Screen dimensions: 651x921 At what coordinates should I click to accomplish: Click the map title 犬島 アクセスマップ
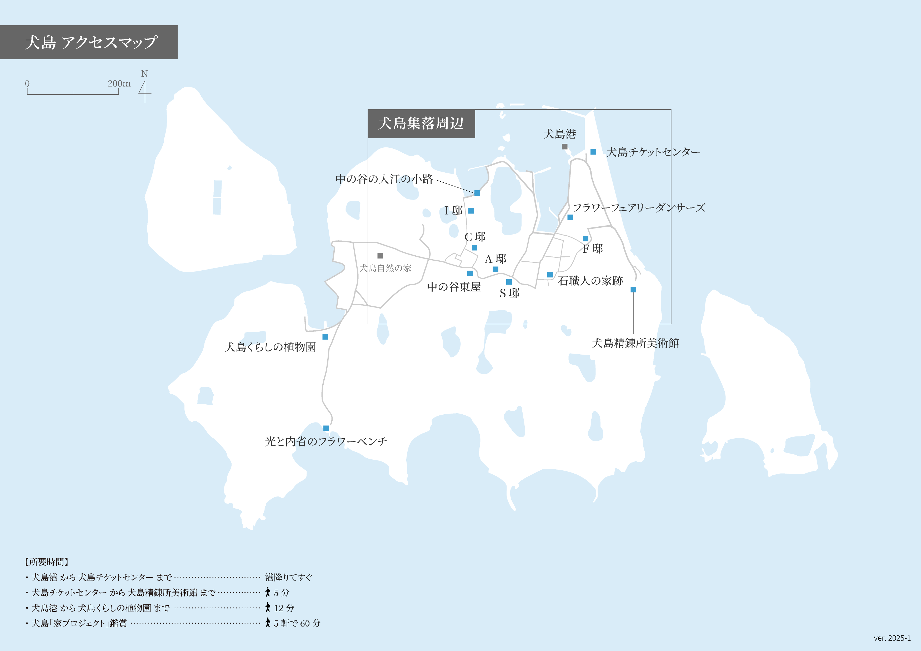pyautogui.click(x=91, y=42)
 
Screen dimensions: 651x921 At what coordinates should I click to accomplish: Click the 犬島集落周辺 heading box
pyautogui.click(x=421, y=123)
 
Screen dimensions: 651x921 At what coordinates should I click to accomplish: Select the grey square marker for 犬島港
pyautogui.click(x=564, y=147)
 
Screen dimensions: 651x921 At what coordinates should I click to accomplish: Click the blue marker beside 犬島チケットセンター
pyautogui.click(x=593, y=152)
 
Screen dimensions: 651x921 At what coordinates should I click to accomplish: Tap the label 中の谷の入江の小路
pyautogui.click(x=384, y=179)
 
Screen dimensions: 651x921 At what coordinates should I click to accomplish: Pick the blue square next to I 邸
pyautogui.click(x=471, y=211)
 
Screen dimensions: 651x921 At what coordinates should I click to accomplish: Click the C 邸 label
pyautogui.click(x=475, y=237)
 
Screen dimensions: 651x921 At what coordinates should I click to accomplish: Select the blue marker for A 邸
pyautogui.click(x=495, y=269)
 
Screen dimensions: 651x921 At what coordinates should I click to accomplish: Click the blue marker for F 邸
pyautogui.click(x=586, y=238)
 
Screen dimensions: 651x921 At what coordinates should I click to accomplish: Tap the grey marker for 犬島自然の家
pyautogui.click(x=380, y=256)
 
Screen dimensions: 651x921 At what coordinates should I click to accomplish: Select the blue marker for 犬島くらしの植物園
pyautogui.click(x=325, y=337)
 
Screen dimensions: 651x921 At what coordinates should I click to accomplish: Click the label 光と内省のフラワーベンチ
pyautogui.click(x=326, y=441)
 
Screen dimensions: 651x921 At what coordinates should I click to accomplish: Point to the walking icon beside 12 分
pyautogui.click(x=268, y=607)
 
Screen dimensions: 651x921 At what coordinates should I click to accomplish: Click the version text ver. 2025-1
pyautogui.click(x=892, y=638)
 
